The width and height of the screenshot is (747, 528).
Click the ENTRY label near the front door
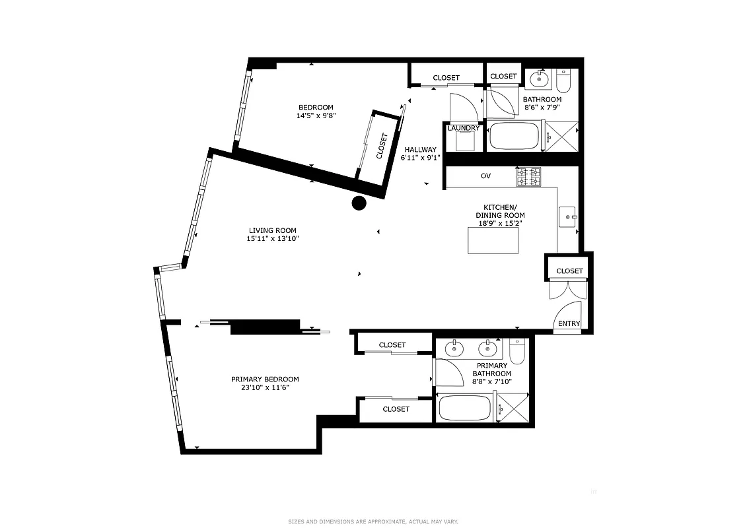click(569, 323)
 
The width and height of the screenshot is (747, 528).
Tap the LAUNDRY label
click(464, 128)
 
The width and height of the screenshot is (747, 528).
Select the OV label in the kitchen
click(485, 176)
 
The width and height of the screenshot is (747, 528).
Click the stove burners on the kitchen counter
click(528, 177)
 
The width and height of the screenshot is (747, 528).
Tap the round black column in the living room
click(359, 203)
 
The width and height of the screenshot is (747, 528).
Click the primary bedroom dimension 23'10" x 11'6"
click(265, 387)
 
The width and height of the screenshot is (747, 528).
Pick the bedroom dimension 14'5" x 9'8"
click(316, 115)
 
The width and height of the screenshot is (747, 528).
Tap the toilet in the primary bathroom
click(516, 353)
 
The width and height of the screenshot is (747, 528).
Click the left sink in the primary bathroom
click(454, 348)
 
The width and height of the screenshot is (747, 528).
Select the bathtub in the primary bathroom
click(465, 407)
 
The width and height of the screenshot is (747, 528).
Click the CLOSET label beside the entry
click(569, 271)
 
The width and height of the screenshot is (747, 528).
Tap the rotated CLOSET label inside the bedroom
click(382, 147)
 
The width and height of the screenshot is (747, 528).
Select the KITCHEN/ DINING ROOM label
click(500, 215)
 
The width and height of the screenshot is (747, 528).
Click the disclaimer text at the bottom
click(373, 521)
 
